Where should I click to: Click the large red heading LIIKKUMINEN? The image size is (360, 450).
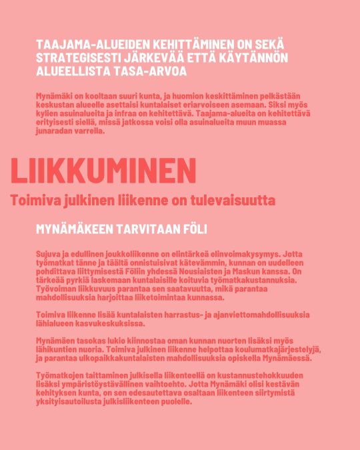click(103, 170)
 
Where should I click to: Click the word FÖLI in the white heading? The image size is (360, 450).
click(195, 229)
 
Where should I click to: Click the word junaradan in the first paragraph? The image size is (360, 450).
click(55, 131)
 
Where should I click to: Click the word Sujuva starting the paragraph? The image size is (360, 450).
click(51, 254)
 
